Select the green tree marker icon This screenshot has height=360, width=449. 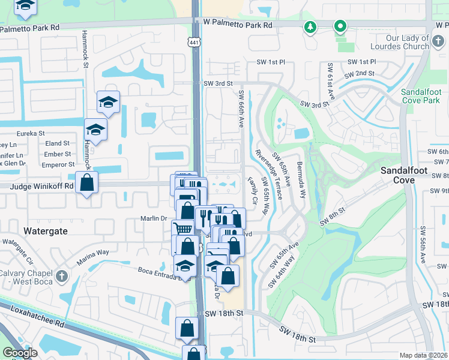(310, 26)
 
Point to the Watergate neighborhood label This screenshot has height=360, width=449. (46, 230)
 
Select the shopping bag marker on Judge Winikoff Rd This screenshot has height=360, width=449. (87, 182)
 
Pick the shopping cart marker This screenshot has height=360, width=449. (182, 229)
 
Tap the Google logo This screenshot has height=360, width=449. (20, 353)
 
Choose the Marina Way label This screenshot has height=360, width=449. (92, 257)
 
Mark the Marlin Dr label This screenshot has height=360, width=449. (152, 218)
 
